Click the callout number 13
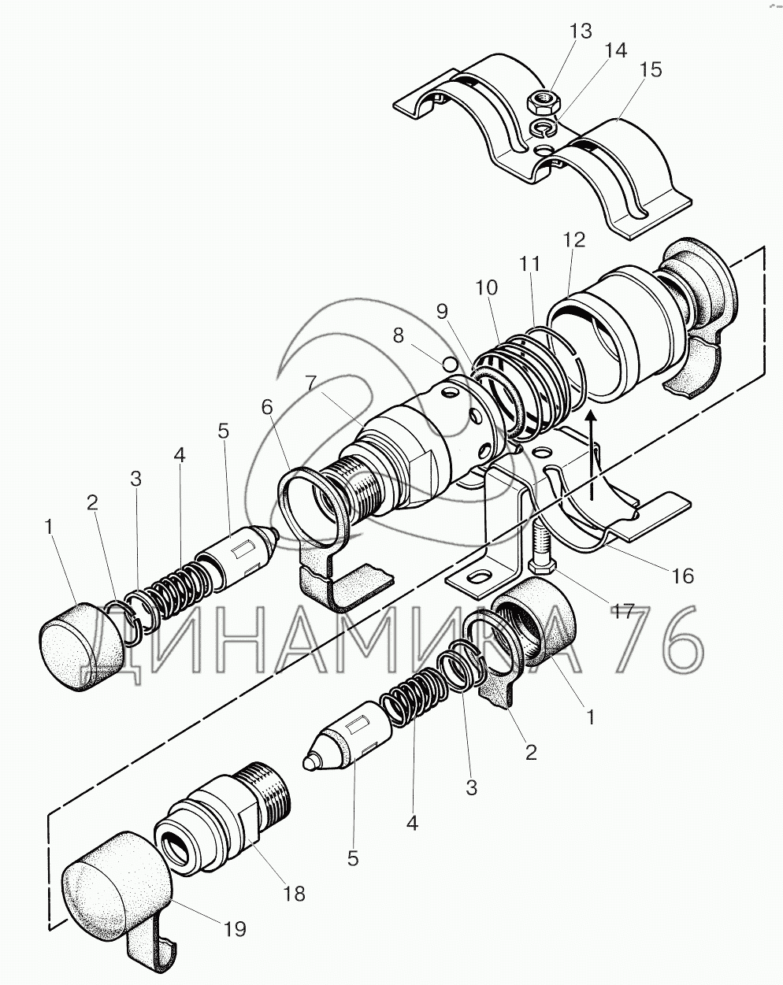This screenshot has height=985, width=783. coord(581,31)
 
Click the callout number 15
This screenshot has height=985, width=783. coord(651,70)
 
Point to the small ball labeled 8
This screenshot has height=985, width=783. coord(450,364)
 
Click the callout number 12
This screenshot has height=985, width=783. coord(575,240)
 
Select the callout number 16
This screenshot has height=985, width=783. coord(683,576)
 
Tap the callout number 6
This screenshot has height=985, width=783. coord(267,406)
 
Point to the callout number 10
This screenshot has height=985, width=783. coord(486,288)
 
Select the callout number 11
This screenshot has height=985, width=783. coord(530,264)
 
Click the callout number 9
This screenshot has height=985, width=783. coord(441,312)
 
